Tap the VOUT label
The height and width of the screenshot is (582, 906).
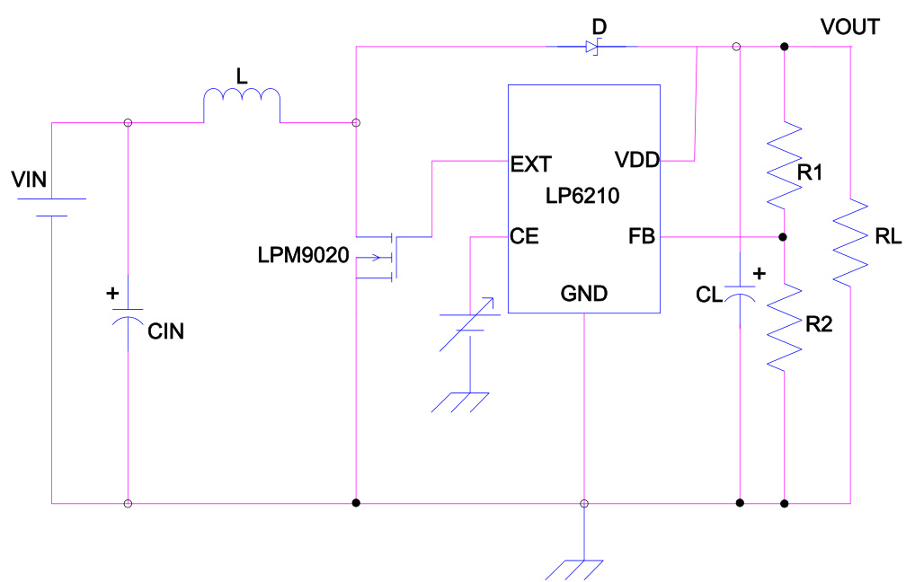tap(849, 28)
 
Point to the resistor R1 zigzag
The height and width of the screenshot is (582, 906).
tap(784, 162)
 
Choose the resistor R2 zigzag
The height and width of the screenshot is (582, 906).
tap(784, 323)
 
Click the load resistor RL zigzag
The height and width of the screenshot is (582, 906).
tap(850, 240)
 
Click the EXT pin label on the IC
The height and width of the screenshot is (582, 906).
tap(530, 164)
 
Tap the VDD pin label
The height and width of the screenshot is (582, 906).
tap(637, 161)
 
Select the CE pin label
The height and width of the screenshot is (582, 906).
tap(524, 238)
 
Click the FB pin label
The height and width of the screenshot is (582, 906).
tap(642, 238)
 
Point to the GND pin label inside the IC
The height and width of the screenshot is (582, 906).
tap(584, 293)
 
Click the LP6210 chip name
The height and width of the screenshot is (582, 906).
tap(582, 195)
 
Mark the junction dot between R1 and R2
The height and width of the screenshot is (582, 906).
tap(784, 238)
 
